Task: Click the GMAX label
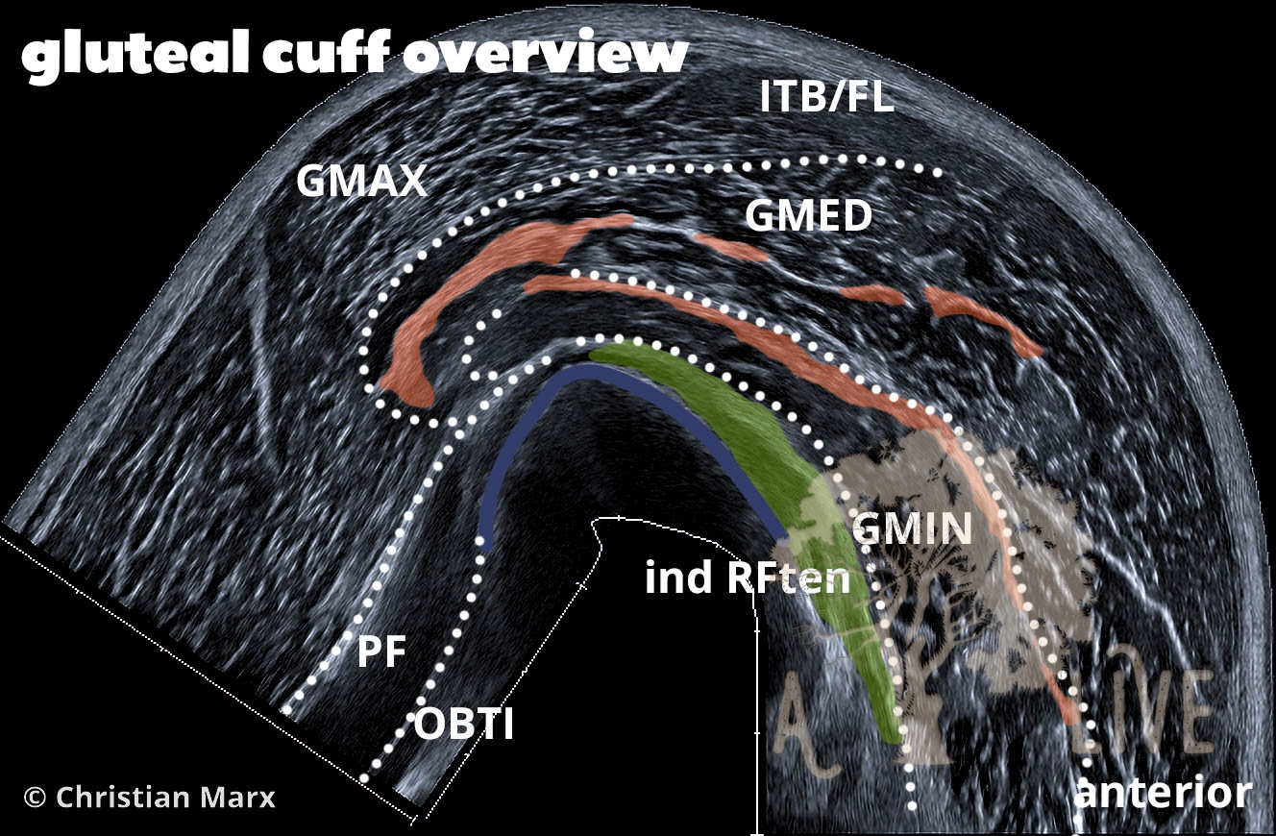pyautogui.click(x=361, y=180)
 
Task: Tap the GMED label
pyautogui.click(x=808, y=217)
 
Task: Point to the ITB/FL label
pyautogui.click(x=827, y=97)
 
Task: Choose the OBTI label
pyautogui.click(x=464, y=724)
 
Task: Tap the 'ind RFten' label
pyautogui.click(x=748, y=578)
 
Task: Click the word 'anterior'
pyautogui.click(x=1163, y=794)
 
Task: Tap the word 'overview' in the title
pyautogui.click(x=544, y=57)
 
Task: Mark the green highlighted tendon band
pyautogui.click(x=769, y=452)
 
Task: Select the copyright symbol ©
pyautogui.click(x=35, y=797)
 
